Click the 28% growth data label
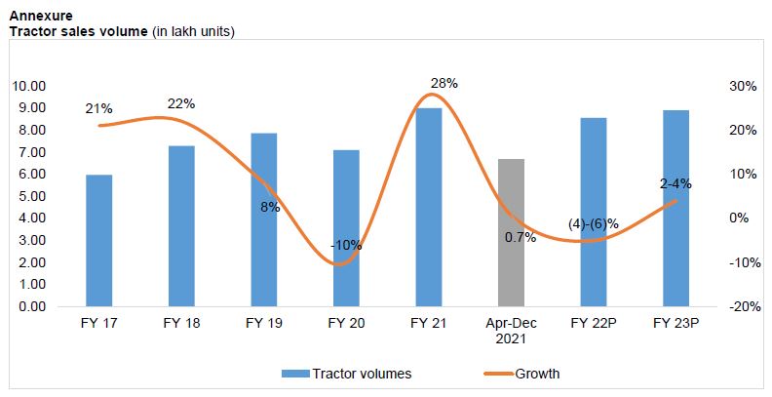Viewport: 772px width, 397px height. pyautogui.click(x=444, y=84)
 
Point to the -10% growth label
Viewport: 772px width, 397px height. pyautogui.click(x=346, y=245)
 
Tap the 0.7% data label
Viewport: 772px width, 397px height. pyautogui.click(x=521, y=237)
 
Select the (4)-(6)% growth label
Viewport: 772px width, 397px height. pyautogui.click(x=594, y=224)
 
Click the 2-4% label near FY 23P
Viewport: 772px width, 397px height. pyautogui.click(x=675, y=183)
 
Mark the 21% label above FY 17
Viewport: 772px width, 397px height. pyautogui.click(x=98, y=108)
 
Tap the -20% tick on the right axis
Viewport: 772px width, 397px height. pyautogui.click(x=743, y=306)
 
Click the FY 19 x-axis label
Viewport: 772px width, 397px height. pyautogui.click(x=263, y=324)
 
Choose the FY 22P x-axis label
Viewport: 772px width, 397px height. pyautogui.click(x=594, y=324)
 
